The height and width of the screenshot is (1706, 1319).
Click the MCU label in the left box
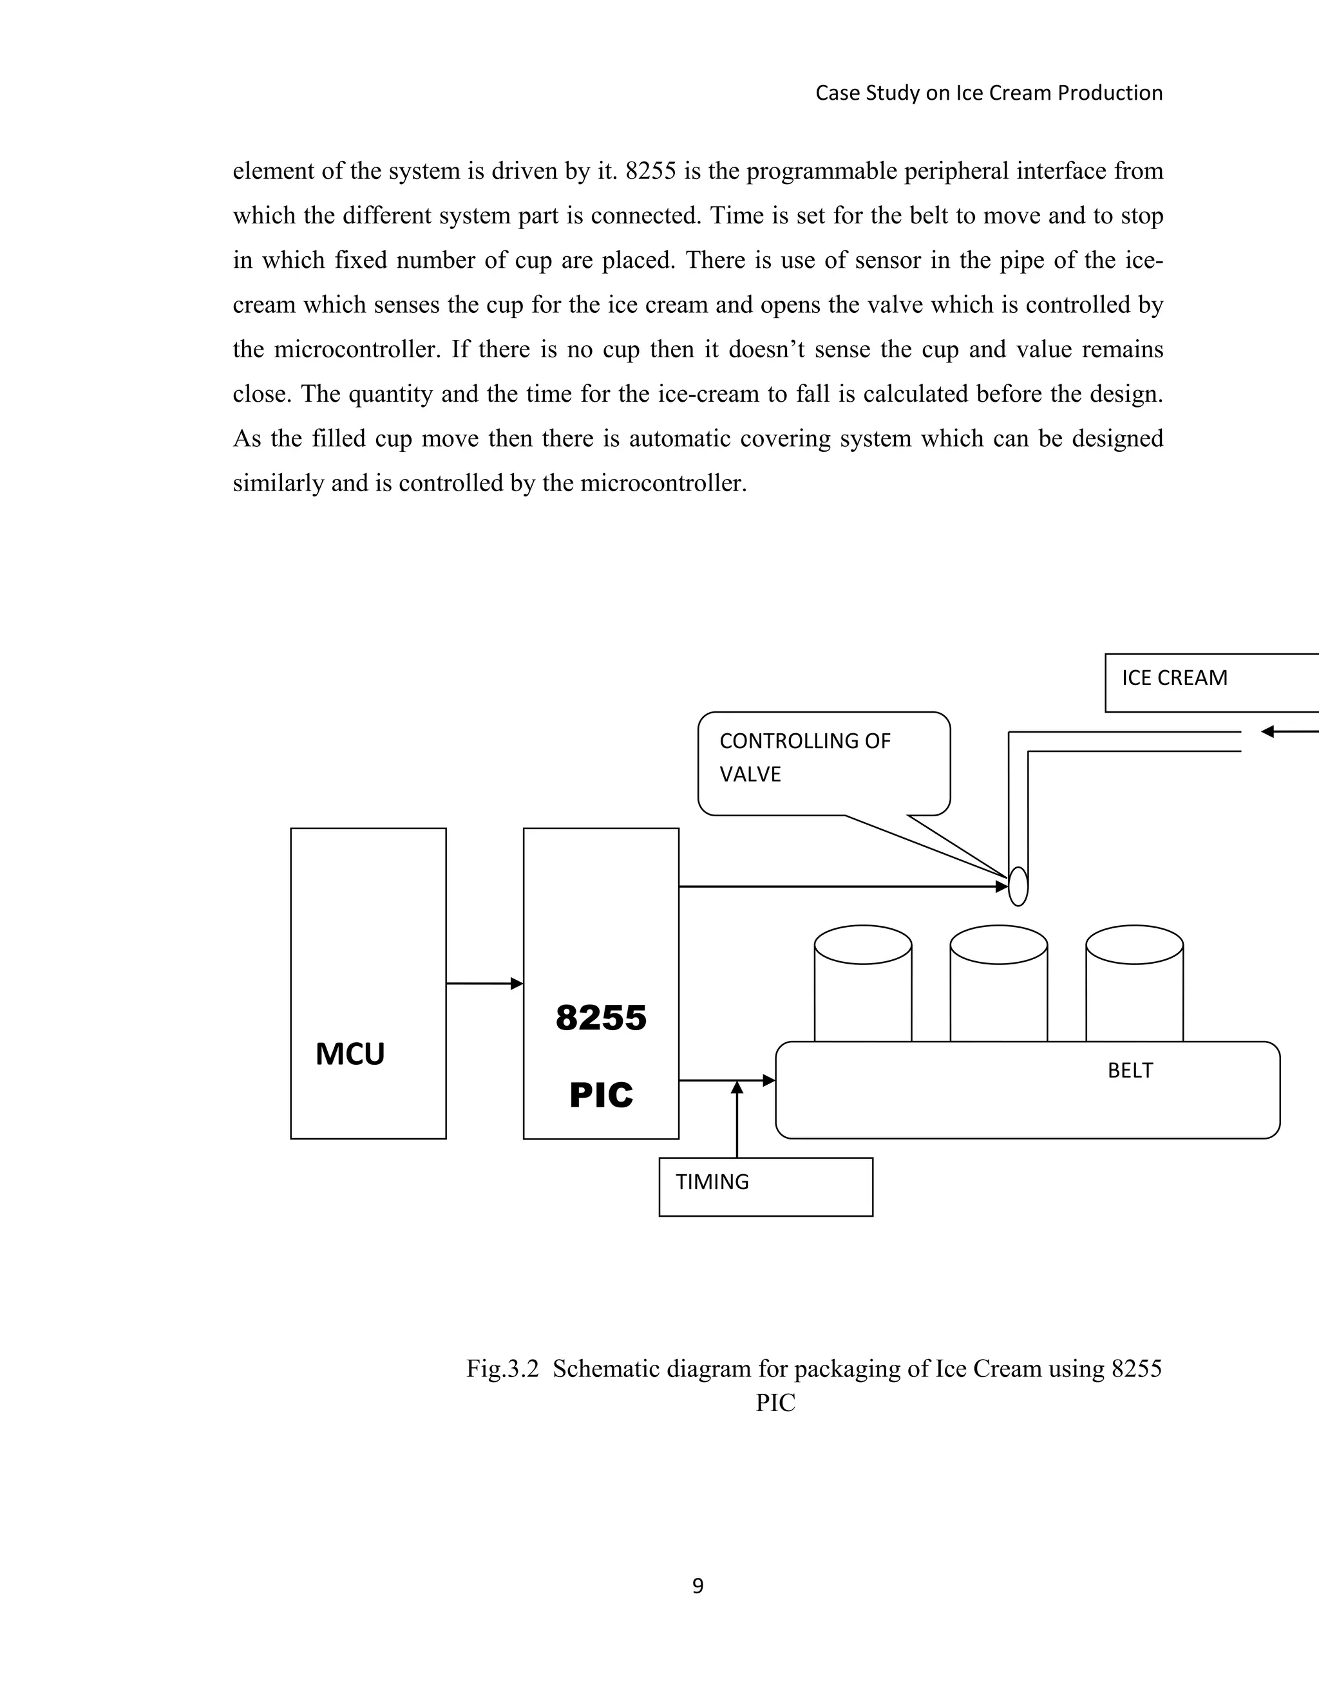(350, 1055)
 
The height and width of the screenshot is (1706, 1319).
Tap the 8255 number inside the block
(601, 1018)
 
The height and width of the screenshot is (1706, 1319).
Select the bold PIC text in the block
(601, 1095)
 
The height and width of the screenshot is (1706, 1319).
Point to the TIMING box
(765, 1186)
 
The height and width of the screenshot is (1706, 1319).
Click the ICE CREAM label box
(1211, 682)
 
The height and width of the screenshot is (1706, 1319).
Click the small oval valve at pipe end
(1018, 886)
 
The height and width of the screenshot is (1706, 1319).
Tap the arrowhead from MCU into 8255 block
(517, 984)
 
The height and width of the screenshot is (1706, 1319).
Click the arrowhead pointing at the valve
(1001, 886)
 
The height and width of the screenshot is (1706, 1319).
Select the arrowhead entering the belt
(769, 1080)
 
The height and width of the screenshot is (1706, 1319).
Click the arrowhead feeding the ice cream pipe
(1268, 731)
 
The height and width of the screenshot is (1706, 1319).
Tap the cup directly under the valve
(999, 984)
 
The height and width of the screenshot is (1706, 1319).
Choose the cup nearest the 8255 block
(862, 984)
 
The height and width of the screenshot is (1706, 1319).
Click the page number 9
(697, 1586)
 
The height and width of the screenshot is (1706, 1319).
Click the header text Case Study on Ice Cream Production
(989, 93)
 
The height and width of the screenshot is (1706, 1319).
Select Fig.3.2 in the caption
(502, 1369)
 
